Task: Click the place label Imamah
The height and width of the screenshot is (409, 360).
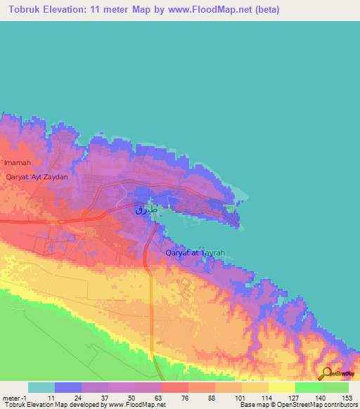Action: point(18,162)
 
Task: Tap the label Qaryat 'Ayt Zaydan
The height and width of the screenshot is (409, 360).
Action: point(37,177)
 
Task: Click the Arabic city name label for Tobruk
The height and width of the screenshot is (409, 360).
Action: point(148,209)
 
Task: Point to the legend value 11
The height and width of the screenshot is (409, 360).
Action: point(51,397)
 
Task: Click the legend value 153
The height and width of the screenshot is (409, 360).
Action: point(346,397)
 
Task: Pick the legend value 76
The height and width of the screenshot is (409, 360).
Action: point(185,397)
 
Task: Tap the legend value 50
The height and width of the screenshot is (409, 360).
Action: point(131,397)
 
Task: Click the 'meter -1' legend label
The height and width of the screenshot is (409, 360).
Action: point(14,397)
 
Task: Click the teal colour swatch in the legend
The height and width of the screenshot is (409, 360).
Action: point(41,387)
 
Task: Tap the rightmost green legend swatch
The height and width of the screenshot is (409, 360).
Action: point(335,387)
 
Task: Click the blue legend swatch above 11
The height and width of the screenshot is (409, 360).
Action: point(67,387)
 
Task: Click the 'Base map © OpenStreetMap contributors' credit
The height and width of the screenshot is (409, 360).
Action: point(299,405)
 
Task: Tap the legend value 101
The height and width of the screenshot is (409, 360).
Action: point(238,397)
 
